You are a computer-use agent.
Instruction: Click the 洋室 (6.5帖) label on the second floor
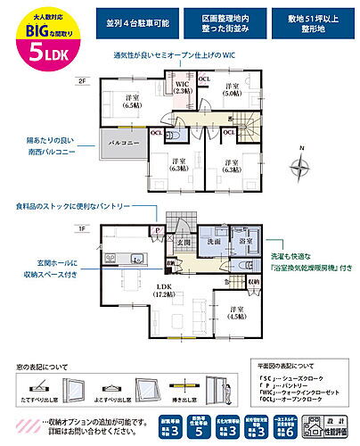click(x=132, y=101)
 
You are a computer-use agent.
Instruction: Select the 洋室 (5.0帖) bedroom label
click(x=233, y=88)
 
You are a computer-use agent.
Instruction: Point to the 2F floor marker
click(x=82, y=81)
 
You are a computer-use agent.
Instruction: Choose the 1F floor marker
click(x=82, y=229)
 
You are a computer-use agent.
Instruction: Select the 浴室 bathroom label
click(x=242, y=242)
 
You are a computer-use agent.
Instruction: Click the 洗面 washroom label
click(x=214, y=242)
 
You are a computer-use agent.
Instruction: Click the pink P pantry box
click(x=158, y=230)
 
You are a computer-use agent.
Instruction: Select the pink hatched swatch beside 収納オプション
click(x=33, y=421)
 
